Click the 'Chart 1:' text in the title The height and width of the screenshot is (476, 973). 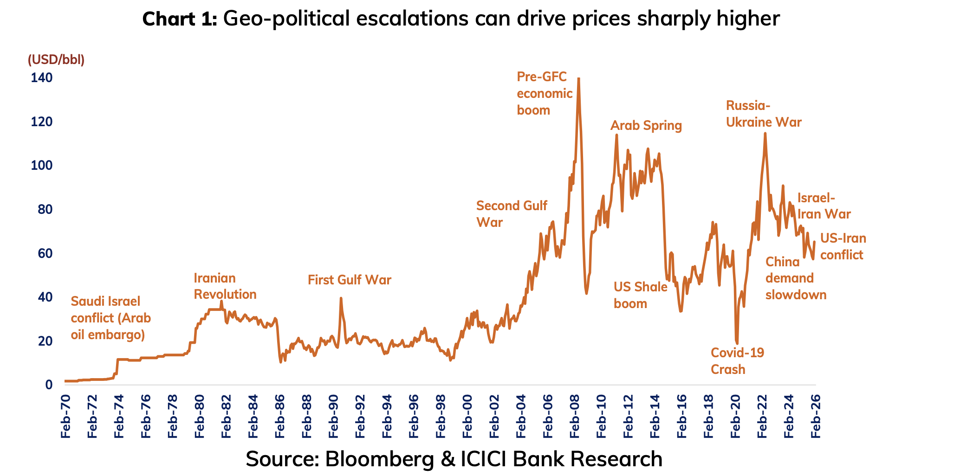pos(179,19)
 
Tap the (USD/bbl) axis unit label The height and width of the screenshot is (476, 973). pos(56,60)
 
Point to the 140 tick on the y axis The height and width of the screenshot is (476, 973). pos(42,77)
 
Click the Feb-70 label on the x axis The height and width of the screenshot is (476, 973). pos(65,416)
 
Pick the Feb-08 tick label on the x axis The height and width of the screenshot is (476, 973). pos(574,416)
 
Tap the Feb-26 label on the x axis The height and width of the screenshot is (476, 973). pos(815,416)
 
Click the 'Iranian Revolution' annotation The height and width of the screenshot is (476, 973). pos(225,286)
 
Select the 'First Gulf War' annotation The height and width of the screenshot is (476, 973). pos(349,280)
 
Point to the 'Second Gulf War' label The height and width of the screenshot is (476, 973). pos(511,214)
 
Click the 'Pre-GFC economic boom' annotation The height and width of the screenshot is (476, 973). pos(544,94)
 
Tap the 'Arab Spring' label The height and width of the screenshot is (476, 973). pos(646,126)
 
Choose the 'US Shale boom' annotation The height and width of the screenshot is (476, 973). pos(640,295)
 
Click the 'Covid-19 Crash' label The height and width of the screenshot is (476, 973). pos(737,361)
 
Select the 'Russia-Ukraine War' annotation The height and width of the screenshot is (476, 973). pos(763,114)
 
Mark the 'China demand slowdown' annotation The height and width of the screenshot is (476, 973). pos(795,278)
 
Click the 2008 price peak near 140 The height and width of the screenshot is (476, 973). pos(578,79)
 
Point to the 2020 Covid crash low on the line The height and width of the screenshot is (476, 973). pos(737,343)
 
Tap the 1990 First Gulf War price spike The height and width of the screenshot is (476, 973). pos(341,298)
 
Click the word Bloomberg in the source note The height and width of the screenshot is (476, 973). pos(379,459)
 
